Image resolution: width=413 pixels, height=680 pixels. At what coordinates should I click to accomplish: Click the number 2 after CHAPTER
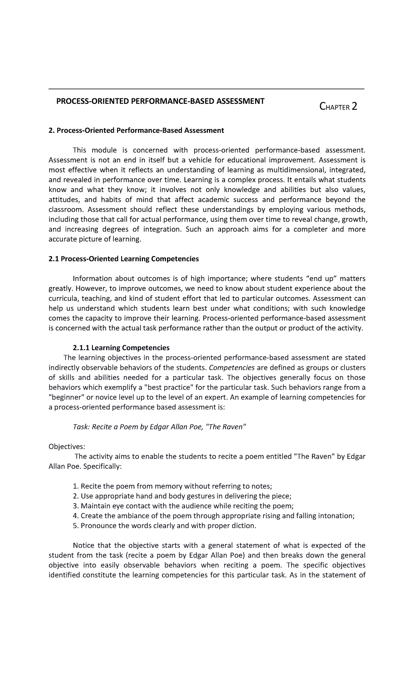(353, 107)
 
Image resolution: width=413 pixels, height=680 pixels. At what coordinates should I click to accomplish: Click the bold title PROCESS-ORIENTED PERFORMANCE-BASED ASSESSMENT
(160, 101)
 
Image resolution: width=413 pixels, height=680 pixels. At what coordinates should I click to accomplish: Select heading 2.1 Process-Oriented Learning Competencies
(124, 259)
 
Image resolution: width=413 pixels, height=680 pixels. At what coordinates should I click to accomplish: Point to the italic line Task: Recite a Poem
(160, 427)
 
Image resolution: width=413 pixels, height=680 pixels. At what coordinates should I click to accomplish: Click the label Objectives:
(66, 447)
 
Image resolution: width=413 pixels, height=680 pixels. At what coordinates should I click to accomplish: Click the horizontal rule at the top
(206, 89)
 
